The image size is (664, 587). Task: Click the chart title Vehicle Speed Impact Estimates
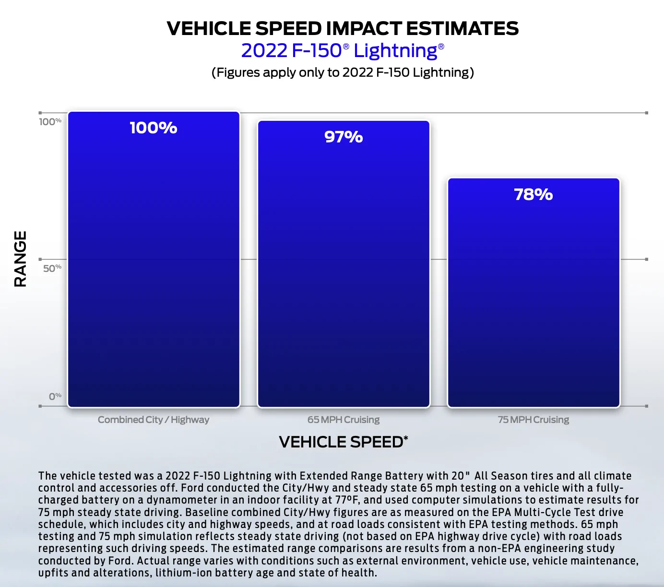click(343, 28)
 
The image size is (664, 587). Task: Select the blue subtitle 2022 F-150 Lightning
click(343, 51)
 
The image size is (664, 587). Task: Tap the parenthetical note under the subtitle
click(343, 72)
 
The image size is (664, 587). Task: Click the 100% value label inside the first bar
click(154, 128)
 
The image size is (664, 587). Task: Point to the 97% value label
click(344, 137)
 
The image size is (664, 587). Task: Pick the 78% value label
click(534, 195)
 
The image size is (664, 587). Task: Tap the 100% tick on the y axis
click(50, 122)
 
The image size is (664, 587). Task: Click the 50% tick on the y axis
click(52, 268)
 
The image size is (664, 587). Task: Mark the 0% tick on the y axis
click(55, 396)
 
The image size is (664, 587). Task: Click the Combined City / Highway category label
click(154, 420)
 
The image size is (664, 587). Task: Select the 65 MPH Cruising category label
click(344, 420)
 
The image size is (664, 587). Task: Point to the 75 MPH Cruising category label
click(534, 420)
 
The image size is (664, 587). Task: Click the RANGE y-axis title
click(20, 259)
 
